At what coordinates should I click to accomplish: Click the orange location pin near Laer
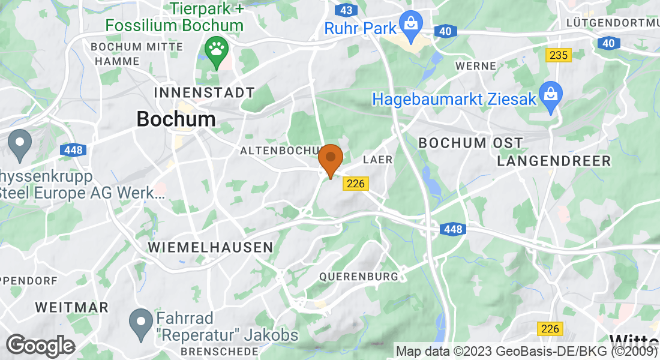[330, 160]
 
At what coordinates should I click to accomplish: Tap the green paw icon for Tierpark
[215, 49]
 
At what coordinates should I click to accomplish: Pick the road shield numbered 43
[346, 11]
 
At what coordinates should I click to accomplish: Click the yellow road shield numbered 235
[559, 55]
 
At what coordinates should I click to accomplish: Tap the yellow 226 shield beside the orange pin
[356, 184]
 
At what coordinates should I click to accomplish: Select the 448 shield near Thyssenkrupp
[73, 150]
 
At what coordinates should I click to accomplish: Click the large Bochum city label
[176, 119]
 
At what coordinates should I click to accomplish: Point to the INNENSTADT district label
[205, 93]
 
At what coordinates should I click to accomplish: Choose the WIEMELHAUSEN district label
[211, 247]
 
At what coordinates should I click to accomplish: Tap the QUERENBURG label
[359, 277]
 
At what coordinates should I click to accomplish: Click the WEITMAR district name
[72, 307]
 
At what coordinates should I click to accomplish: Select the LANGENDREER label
[554, 161]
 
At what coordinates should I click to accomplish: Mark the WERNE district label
[476, 66]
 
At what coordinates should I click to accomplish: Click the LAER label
[378, 160]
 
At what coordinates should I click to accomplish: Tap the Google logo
[40, 346]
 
